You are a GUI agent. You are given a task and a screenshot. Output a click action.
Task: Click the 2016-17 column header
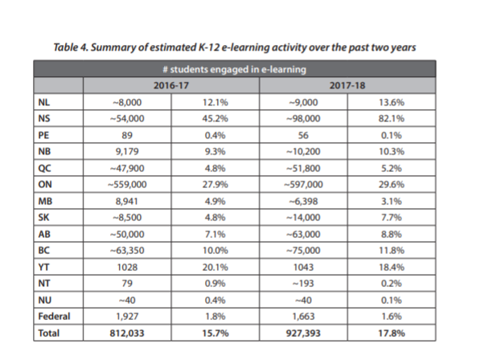click(x=171, y=85)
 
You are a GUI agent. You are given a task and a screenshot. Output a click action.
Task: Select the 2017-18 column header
click(x=347, y=85)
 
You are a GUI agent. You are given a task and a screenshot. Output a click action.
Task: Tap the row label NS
click(x=44, y=118)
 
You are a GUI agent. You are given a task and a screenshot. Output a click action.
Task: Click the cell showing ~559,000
click(x=127, y=185)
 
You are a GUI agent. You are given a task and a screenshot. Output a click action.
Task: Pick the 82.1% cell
click(x=392, y=118)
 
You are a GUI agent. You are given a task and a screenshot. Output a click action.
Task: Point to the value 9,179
click(x=127, y=151)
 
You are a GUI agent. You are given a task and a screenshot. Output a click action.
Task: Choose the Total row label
click(x=48, y=333)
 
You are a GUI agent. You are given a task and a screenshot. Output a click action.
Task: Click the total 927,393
click(x=303, y=333)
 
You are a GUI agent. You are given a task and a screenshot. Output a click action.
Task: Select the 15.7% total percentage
click(x=215, y=333)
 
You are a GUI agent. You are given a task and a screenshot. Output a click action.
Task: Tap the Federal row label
click(x=54, y=317)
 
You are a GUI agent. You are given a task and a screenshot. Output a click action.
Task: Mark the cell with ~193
click(x=303, y=284)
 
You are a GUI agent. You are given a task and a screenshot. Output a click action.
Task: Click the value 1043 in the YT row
click(x=303, y=267)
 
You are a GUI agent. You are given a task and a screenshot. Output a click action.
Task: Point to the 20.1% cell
click(x=215, y=267)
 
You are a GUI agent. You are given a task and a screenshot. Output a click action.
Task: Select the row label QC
click(x=44, y=168)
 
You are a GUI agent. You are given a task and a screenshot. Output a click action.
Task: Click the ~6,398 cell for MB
click(x=303, y=201)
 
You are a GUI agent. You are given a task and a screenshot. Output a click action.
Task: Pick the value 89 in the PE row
click(x=127, y=135)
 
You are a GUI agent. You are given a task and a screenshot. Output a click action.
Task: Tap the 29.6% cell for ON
click(x=392, y=185)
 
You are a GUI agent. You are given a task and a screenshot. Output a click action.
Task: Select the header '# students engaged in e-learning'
click(x=235, y=69)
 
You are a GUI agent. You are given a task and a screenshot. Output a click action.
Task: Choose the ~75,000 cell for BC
click(x=303, y=250)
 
